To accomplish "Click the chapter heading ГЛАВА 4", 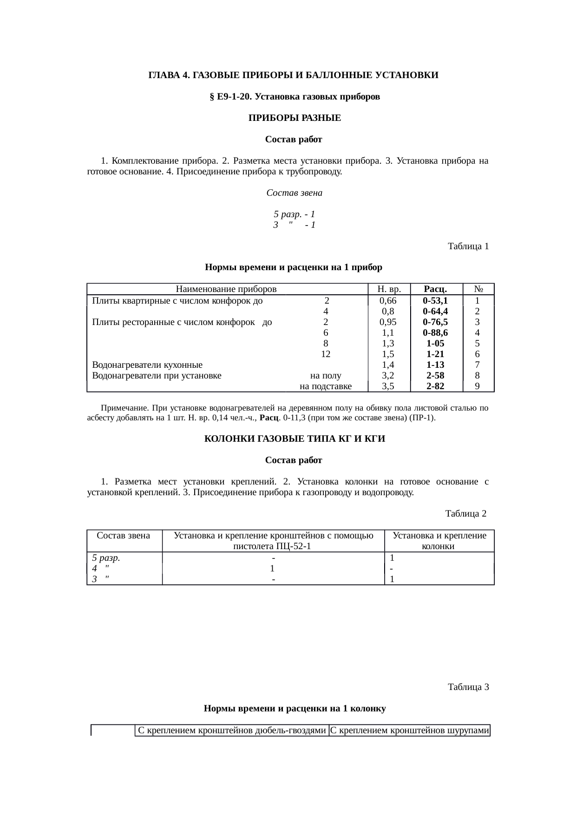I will (x=293, y=75).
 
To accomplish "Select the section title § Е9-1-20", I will (x=295, y=97).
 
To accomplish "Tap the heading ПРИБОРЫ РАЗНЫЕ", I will (x=295, y=118).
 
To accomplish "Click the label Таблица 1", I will (x=468, y=246).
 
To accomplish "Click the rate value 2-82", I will (x=435, y=386).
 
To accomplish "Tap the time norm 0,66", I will (x=388, y=300).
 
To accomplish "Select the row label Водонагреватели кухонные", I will (x=147, y=365).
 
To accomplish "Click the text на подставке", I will (x=326, y=386).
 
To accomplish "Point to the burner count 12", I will (x=326, y=354).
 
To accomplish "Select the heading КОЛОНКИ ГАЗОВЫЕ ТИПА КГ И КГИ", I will (x=295, y=439).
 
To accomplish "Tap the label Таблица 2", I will (x=465, y=513).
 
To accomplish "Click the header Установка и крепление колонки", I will (x=439, y=541).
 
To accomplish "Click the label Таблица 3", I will (x=468, y=687).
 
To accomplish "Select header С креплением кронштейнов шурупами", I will (x=410, y=730).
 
